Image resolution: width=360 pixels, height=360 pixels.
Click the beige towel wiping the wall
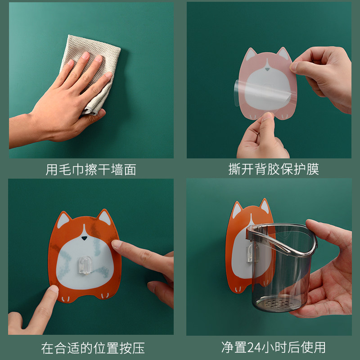click(x=92, y=69)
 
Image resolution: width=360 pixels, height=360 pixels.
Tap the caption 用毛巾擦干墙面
click(x=91, y=170)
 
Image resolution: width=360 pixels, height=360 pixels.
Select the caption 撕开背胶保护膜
click(x=274, y=169)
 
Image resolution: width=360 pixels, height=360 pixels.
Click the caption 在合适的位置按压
click(x=93, y=348)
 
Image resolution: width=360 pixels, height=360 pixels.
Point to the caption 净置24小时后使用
click(x=274, y=347)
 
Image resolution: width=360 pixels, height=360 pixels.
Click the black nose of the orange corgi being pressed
click(x=85, y=238)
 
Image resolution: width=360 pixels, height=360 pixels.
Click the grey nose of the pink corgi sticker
click(x=267, y=69)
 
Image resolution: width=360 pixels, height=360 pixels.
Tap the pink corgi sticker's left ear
click(x=251, y=54)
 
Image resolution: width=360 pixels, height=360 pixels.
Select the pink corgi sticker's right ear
click(x=283, y=53)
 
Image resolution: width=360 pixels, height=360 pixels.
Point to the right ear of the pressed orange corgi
click(x=104, y=217)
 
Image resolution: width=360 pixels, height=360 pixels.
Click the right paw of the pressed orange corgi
click(x=105, y=296)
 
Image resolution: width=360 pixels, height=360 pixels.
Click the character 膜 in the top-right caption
click(x=313, y=169)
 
